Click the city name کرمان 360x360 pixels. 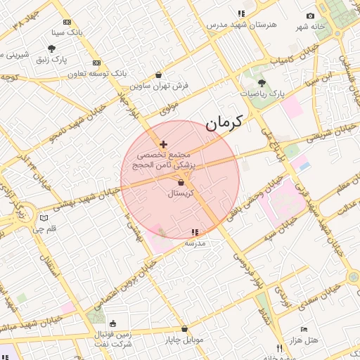pyautogui.click(x=224, y=122)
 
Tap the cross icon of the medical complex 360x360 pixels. pyautogui.click(x=164, y=144)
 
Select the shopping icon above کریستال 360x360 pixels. pyautogui.click(x=181, y=183)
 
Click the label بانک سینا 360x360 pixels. pyautogui.click(x=67, y=33)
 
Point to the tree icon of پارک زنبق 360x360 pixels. pyautogui.click(x=51, y=49)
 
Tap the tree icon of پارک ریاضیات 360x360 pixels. pyautogui.click(x=262, y=83)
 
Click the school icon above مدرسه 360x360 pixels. pyautogui.click(x=195, y=232)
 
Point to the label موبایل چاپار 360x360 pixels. pyautogui.click(x=184, y=340)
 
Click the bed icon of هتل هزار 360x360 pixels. pyautogui.click(x=304, y=329)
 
